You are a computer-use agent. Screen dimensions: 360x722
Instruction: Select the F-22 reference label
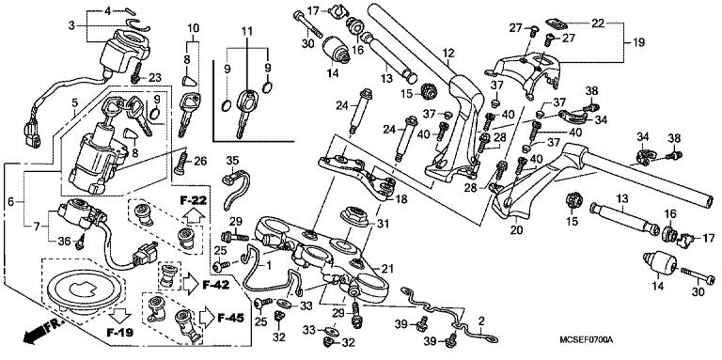pos(194,201)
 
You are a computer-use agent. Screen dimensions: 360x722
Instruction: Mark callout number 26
pos(200,162)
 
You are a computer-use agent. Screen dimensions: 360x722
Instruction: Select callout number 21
pos(385,271)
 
